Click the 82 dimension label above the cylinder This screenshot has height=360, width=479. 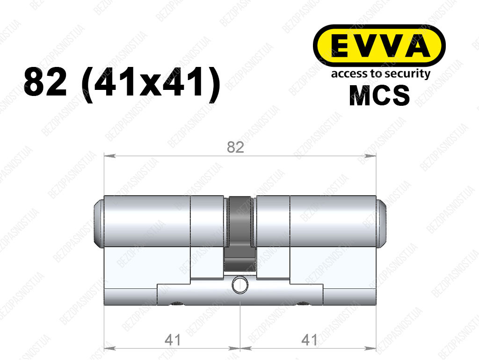point(236,147)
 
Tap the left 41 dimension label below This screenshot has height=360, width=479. point(173,340)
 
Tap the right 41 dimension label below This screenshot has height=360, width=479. point(310,340)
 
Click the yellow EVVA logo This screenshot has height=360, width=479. point(379,46)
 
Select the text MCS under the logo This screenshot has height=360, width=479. point(379,96)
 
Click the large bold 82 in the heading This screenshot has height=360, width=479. point(45,82)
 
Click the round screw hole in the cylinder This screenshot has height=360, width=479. point(240,285)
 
